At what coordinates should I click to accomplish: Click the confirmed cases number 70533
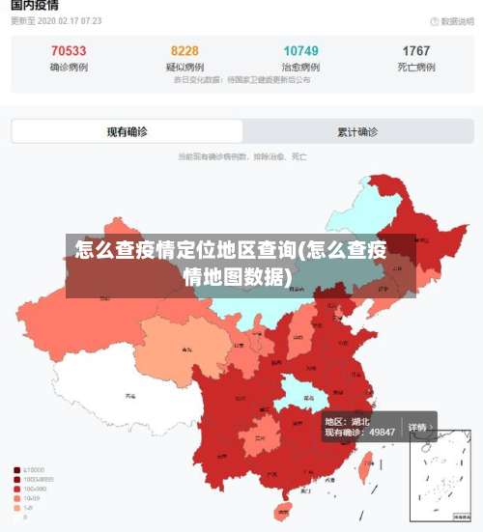[68, 51]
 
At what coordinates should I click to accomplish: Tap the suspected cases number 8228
[185, 51]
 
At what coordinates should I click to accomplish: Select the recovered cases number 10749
[301, 51]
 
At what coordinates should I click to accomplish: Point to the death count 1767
[416, 51]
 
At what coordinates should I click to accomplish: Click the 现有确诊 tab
[127, 131]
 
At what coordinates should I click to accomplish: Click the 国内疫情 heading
[35, 6]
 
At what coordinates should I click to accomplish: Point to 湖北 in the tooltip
[360, 421]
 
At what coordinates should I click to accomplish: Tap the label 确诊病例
[68, 68]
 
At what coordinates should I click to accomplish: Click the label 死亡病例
[416, 68]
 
